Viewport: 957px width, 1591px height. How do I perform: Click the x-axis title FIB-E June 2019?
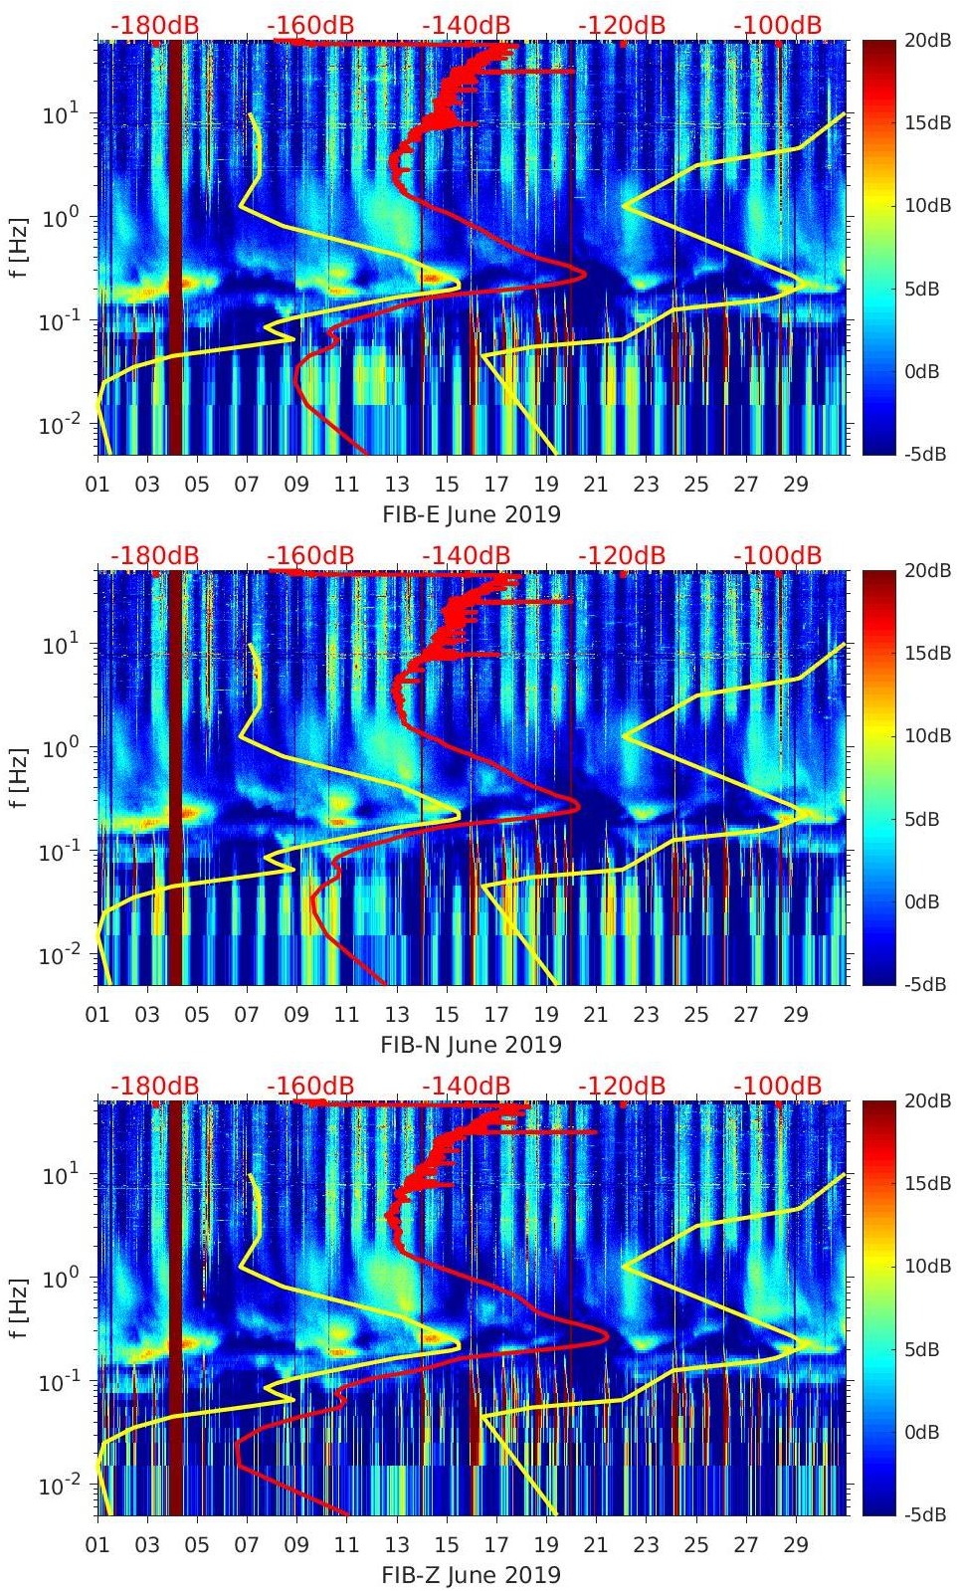pos(472,514)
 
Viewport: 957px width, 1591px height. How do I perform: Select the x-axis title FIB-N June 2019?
pos(472,1045)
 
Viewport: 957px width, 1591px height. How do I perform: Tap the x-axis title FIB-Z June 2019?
pos(472,1575)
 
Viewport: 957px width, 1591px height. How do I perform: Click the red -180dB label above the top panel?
pos(154,25)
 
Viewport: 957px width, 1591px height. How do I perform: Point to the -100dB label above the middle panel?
pos(778,555)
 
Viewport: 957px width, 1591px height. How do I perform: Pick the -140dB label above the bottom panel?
pos(466,1086)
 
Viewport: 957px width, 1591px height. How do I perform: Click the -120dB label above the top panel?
pos(622,25)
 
